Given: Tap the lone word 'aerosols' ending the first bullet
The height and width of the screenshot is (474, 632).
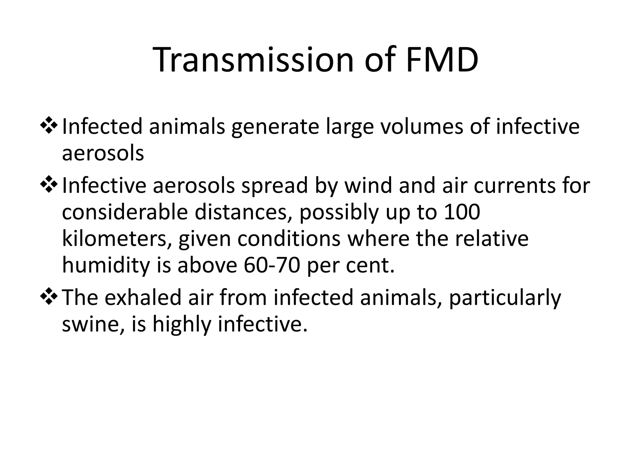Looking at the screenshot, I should pyautogui.click(x=103, y=153).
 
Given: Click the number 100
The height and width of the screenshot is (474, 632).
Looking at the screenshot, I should pyautogui.click(x=461, y=212).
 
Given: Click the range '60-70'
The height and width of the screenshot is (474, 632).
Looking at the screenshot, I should pyautogui.click(x=272, y=265).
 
